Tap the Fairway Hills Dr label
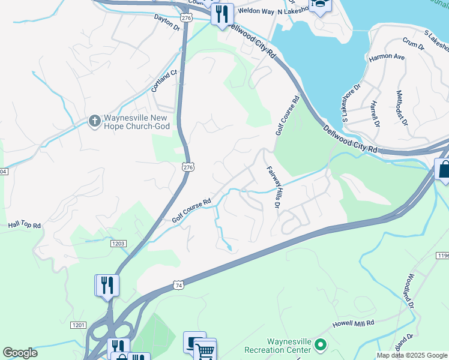(274, 187)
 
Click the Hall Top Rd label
(24, 225)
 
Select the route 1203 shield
(118, 243)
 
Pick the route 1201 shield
(78, 325)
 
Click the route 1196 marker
(442, 256)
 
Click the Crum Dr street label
(414, 44)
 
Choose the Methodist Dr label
(402, 108)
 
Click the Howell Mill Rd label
(354, 323)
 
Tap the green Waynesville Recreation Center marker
(321, 345)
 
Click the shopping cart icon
(205, 349)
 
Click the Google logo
(20, 353)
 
